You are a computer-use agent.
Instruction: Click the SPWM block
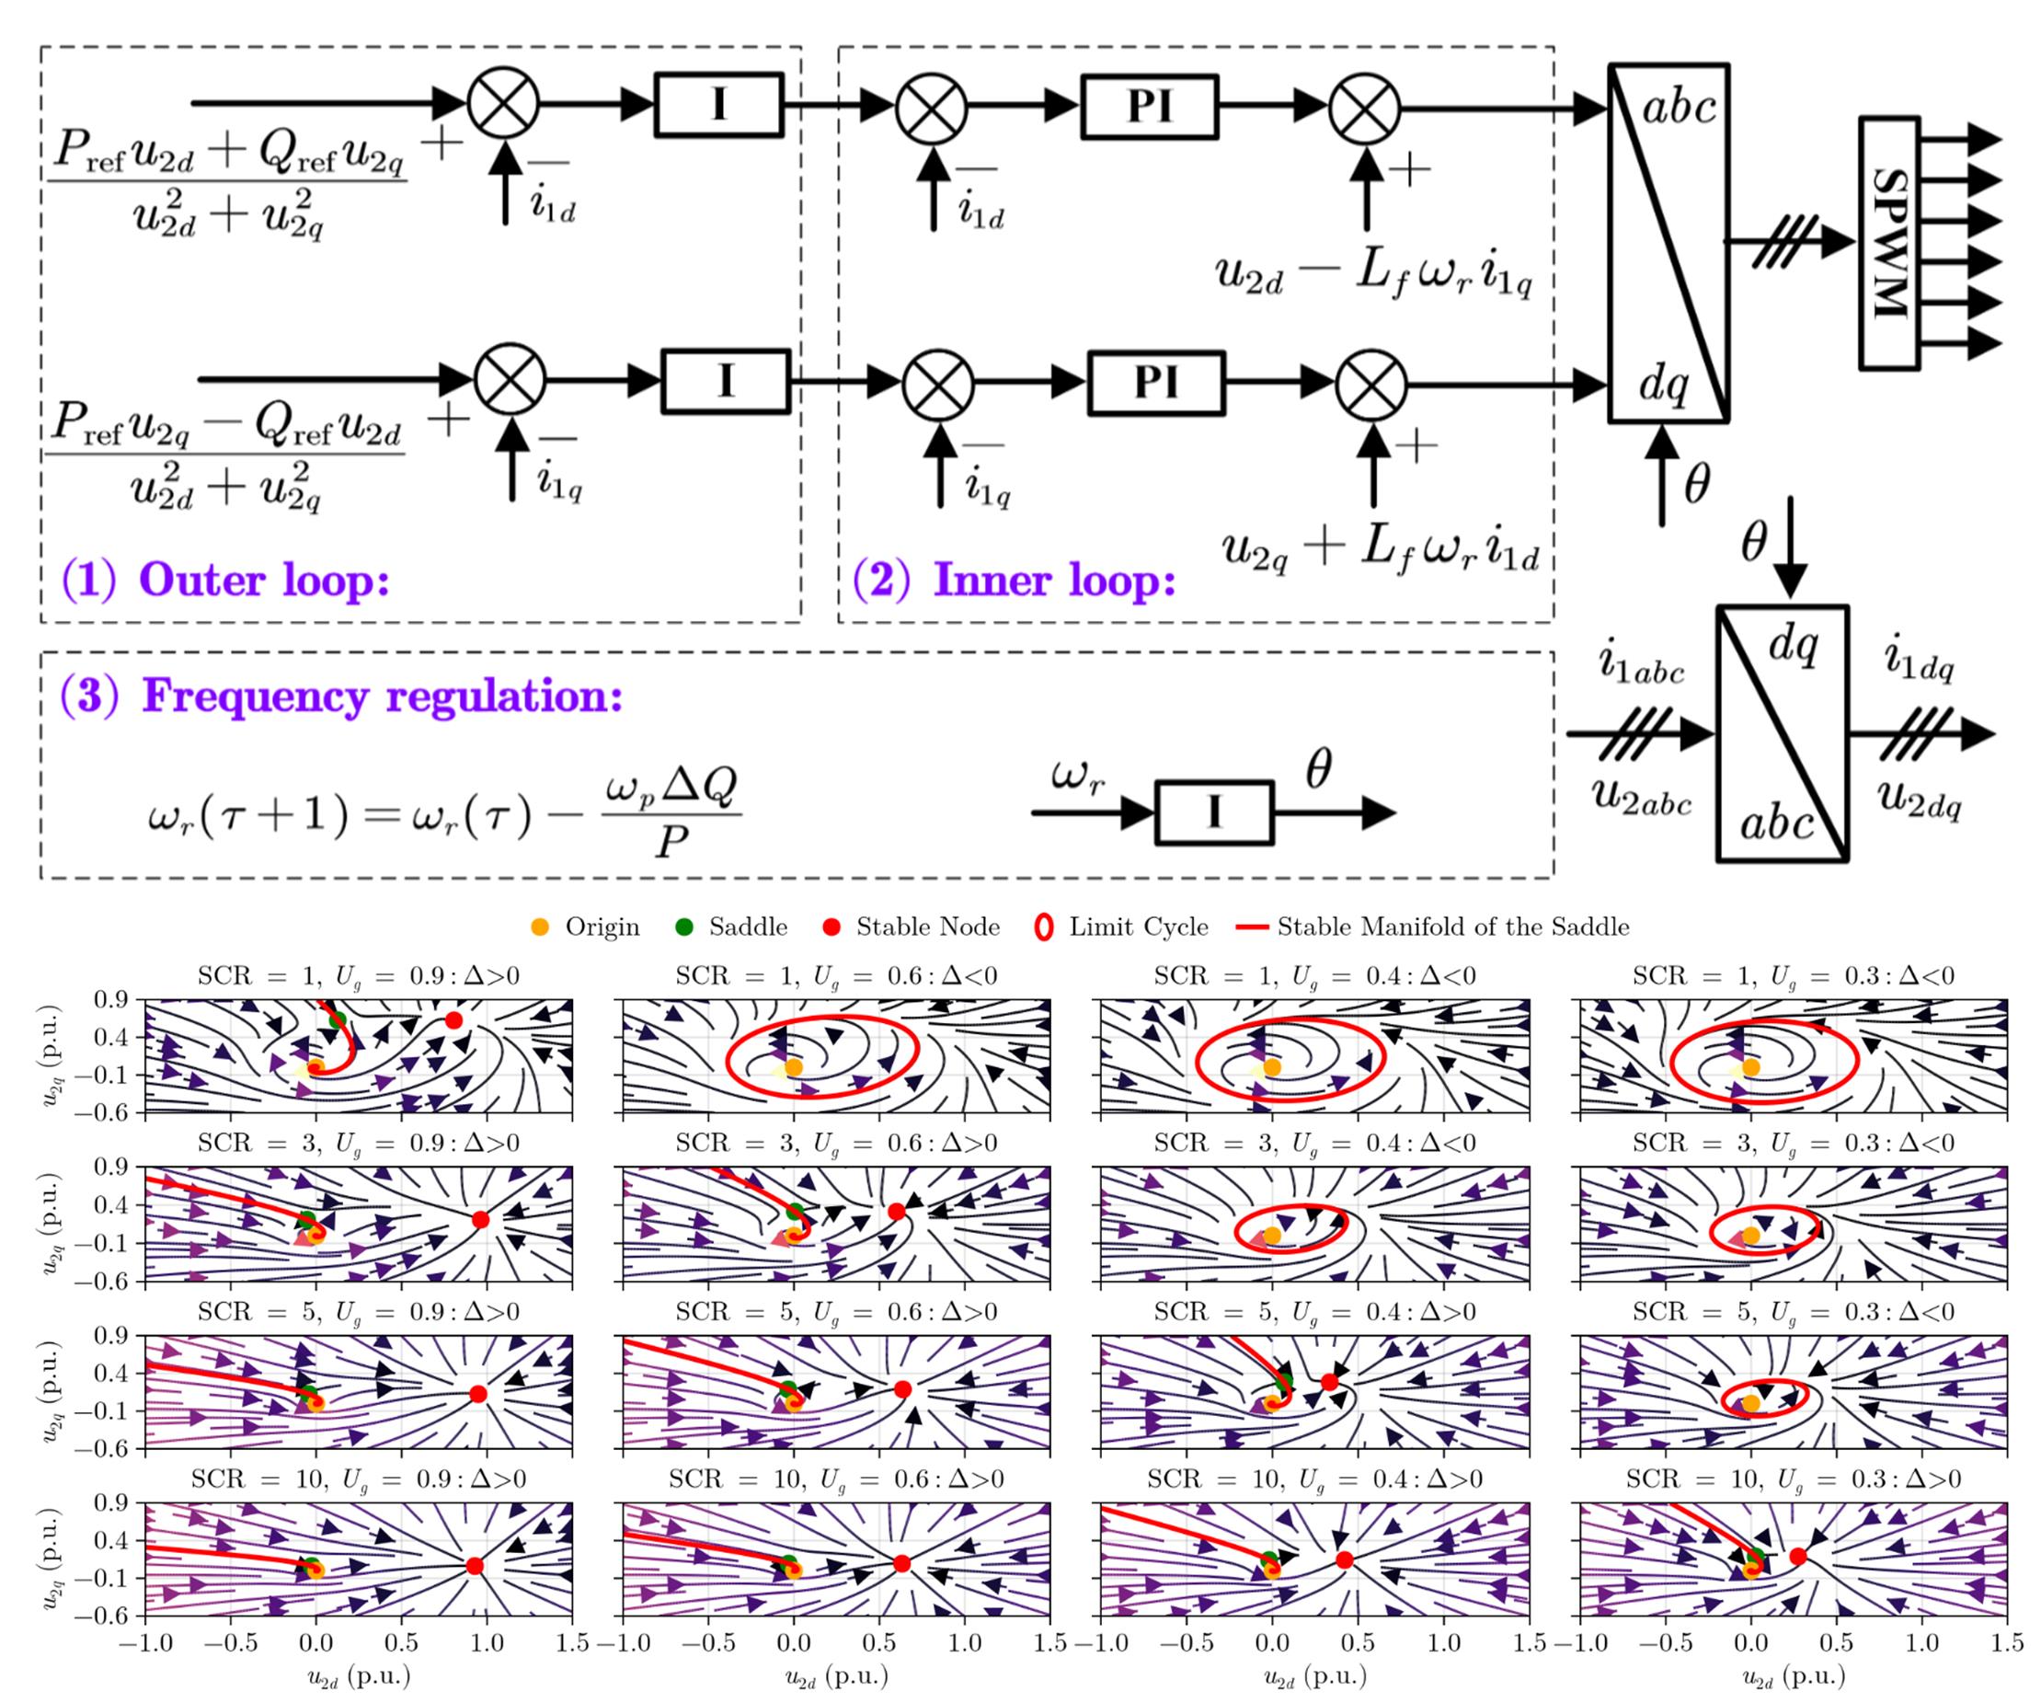point(1888,243)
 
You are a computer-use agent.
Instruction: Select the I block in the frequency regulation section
point(1214,812)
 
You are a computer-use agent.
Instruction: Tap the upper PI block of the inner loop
point(1150,107)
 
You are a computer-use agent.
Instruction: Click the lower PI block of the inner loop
point(1155,383)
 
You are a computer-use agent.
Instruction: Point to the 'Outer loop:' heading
point(225,581)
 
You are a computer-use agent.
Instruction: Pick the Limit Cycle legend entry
point(1121,927)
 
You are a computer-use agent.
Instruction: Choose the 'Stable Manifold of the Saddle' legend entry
point(1439,927)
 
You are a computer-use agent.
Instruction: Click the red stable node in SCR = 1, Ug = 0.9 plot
point(453,1019)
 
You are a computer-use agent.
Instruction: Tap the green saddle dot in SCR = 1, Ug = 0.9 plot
point(338,1019)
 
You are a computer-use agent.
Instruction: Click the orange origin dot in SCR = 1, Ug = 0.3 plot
point(1750,1067)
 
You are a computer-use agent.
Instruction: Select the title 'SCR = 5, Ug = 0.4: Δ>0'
point(1314,1311)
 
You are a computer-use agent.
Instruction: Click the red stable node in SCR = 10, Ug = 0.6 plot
point(902,1564)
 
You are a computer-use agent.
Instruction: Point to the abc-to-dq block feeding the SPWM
point(1668,243)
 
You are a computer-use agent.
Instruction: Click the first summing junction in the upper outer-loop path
point(502,104)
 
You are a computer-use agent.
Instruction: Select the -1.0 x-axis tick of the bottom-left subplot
point(144,1642)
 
